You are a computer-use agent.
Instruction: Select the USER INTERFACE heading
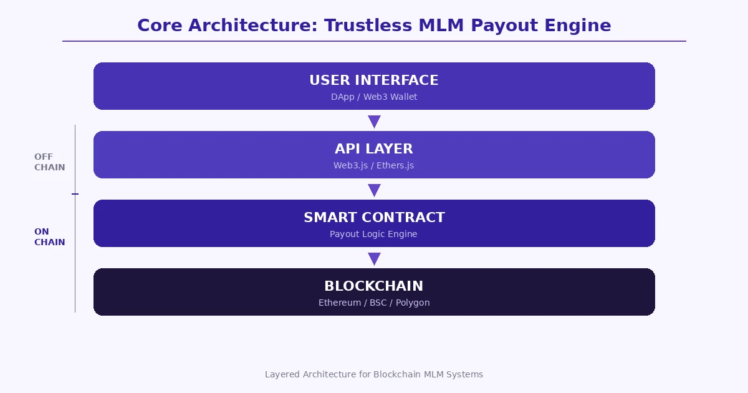pos(374,80)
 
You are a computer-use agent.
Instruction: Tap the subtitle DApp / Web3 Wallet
pos(374,97)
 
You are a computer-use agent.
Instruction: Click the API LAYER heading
pos(374,149)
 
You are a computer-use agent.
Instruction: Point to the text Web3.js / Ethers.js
pos(374,166)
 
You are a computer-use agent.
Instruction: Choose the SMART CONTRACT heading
pos(374,218)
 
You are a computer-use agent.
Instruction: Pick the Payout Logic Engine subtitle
pos(374,235)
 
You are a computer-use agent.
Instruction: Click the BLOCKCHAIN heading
pos(374,286)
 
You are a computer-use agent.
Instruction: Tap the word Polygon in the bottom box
pos(413,303)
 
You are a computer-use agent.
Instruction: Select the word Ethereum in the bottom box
pos(340,303)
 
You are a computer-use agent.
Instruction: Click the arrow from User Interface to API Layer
pos(374,121)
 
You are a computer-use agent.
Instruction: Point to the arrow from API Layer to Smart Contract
pos(374,190)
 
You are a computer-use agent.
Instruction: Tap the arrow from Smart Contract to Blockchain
pos(374,258)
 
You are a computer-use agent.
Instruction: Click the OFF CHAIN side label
pos(49,162)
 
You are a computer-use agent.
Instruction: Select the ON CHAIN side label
pos(49,237)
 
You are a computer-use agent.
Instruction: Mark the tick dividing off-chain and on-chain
pos(75,194)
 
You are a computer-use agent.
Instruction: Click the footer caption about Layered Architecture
pos(374,375)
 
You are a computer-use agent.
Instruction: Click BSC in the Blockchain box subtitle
pos(378,303)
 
